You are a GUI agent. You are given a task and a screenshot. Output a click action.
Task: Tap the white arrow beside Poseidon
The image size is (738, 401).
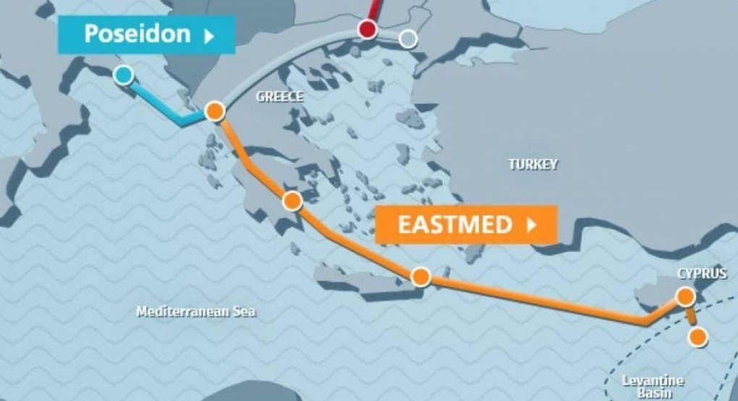click(208, 35)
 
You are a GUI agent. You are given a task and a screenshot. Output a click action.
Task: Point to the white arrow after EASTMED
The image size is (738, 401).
click(533, 224)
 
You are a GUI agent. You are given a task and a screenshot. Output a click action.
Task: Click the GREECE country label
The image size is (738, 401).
click(280, 97)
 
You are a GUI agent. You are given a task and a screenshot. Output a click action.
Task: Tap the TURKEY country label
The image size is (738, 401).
click(533, 164)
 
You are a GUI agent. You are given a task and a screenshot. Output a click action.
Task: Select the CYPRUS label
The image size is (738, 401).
click(702, 274)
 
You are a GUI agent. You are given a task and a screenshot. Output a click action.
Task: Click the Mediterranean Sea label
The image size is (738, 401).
click(196, 312)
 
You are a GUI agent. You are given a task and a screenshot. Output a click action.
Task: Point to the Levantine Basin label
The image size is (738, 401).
click(652, 386)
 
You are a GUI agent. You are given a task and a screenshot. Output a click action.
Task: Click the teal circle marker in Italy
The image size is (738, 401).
click(124, 74)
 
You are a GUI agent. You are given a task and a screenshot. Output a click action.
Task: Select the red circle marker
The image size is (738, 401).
click(368, 30)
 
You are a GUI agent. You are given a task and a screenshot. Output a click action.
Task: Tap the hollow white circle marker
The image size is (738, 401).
click(408, 38)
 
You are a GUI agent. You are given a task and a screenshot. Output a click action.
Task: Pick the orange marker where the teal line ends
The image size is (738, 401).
click(214, 111)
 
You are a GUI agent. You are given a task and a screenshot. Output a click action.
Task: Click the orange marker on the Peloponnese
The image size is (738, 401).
click(292, 200)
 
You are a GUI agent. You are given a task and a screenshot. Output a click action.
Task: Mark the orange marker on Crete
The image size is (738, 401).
click(420, 277)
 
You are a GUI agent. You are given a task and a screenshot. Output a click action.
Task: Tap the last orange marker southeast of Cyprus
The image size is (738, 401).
click(697, 337)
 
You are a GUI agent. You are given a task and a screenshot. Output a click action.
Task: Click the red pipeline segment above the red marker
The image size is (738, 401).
click(373, 9)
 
